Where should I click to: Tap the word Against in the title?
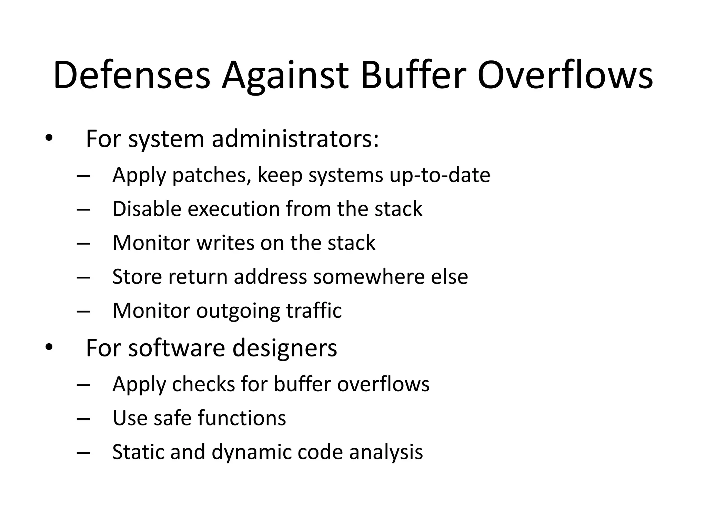click(285, 76)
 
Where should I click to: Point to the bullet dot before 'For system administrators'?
click(49, 138)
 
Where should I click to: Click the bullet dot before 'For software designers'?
click(49, 347)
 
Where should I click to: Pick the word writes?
click(225, 243)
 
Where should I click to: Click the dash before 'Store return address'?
click(83, 277)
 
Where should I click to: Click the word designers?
click(285, 348)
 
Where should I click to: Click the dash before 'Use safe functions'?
click(83, 419)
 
